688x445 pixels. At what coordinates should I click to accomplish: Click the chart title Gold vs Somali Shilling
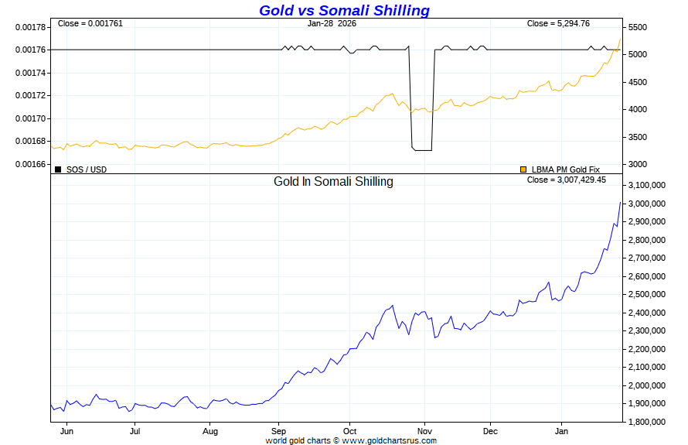pos(344,10)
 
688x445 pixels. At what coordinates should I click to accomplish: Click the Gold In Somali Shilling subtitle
pos(333,182)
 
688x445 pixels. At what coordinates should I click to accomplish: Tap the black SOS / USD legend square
pos(58,169)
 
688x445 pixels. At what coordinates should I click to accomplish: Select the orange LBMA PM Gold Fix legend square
pos(523,169)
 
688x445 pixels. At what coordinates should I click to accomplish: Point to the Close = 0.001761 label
pos(90,23)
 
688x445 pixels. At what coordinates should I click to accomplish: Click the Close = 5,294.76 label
pos(558,23)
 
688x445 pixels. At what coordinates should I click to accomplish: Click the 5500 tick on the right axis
pos(638,27)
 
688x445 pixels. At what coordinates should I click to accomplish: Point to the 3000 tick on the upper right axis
pos(638,164)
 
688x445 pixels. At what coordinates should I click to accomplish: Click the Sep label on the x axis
pos(279,431)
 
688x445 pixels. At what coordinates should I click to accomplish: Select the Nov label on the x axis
pos(424,431)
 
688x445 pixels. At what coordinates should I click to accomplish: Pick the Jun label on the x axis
pos(66,431)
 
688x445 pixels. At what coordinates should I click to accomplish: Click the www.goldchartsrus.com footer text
pos(390,440)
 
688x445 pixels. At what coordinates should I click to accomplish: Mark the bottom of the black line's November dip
pos(421,150)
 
